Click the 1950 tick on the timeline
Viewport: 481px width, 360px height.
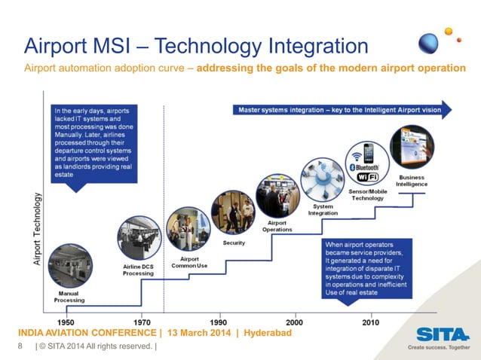(x=65, y=321)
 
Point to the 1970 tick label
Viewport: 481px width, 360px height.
(x=141, y=321)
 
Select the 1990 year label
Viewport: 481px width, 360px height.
(x=218, y=321)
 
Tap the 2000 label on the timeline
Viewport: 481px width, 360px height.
(x=294, y=321)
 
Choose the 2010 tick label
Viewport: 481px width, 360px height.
(x=370, y=321)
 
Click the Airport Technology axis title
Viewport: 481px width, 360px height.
(x=36, y=227)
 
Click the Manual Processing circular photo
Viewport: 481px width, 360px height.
(x=69, y=266)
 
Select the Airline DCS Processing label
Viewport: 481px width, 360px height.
(x=139, y=270)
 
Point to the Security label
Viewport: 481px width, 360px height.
(x=234, y=243)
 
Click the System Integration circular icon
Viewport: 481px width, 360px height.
(x=323, y=178)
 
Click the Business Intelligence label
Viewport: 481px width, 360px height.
(x=412, y=181)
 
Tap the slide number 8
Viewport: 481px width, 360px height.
(x=20, y=346)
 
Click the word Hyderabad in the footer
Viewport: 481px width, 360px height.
(x=263, y=332)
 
